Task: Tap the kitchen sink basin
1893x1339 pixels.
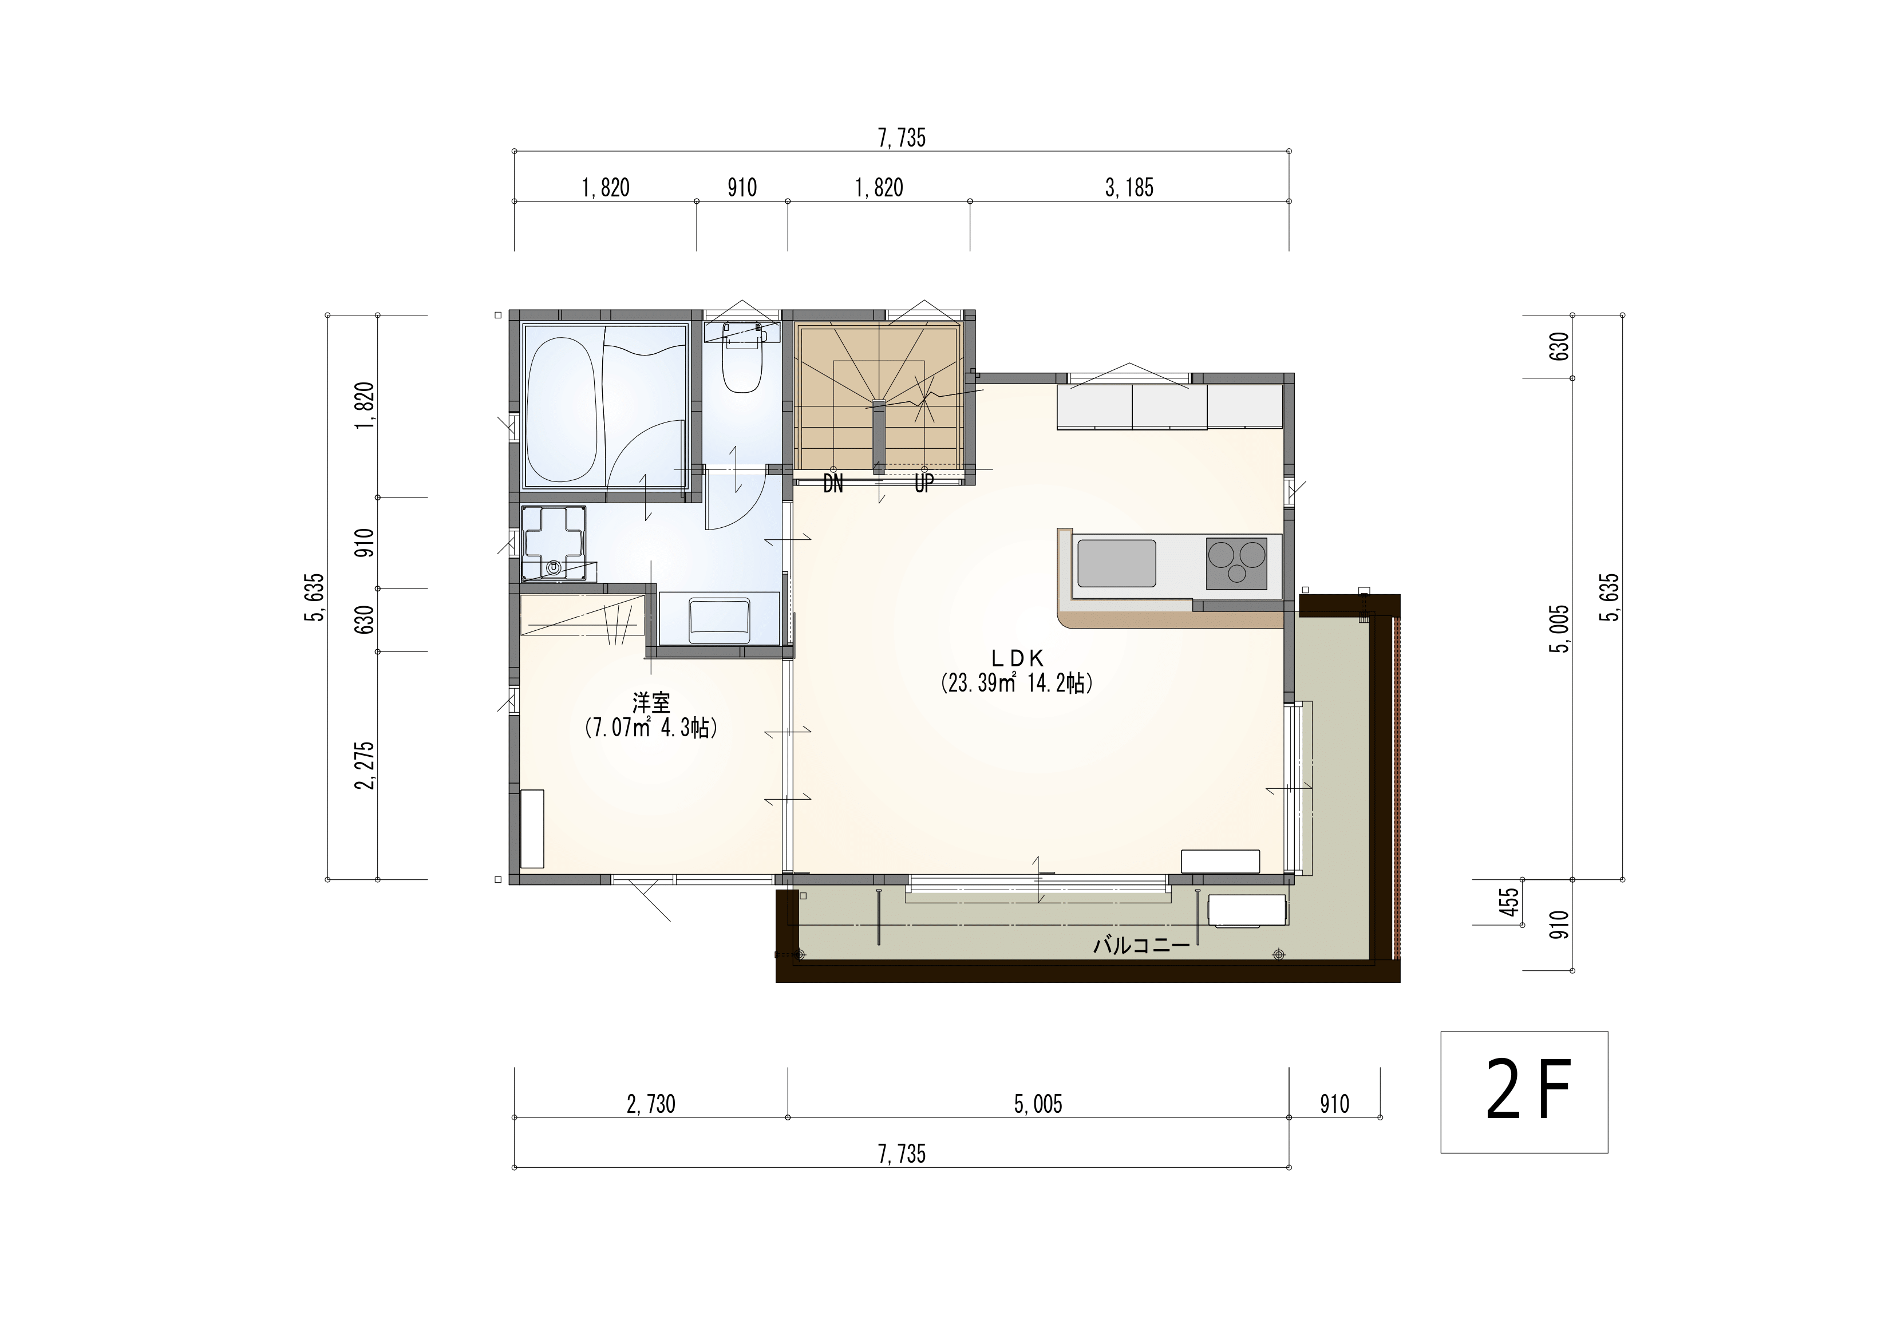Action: [1116, 563]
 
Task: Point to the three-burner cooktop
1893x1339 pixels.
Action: [1236, 563]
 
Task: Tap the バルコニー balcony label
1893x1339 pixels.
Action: [1142, 946]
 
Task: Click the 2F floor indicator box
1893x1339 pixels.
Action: [1524, 1092]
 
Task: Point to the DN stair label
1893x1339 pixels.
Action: [833, 484]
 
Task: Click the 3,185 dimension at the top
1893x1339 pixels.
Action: [1129, 188]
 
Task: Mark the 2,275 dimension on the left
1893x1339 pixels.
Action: [365, 765]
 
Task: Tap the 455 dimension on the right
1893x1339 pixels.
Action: [1509, 902]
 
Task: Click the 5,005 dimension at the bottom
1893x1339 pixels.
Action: [1038, 1104]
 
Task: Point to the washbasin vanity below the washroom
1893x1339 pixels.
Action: [719, 618]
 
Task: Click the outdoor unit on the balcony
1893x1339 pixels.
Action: [1247, 911]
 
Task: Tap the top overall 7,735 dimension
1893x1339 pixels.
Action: [902, 139]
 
